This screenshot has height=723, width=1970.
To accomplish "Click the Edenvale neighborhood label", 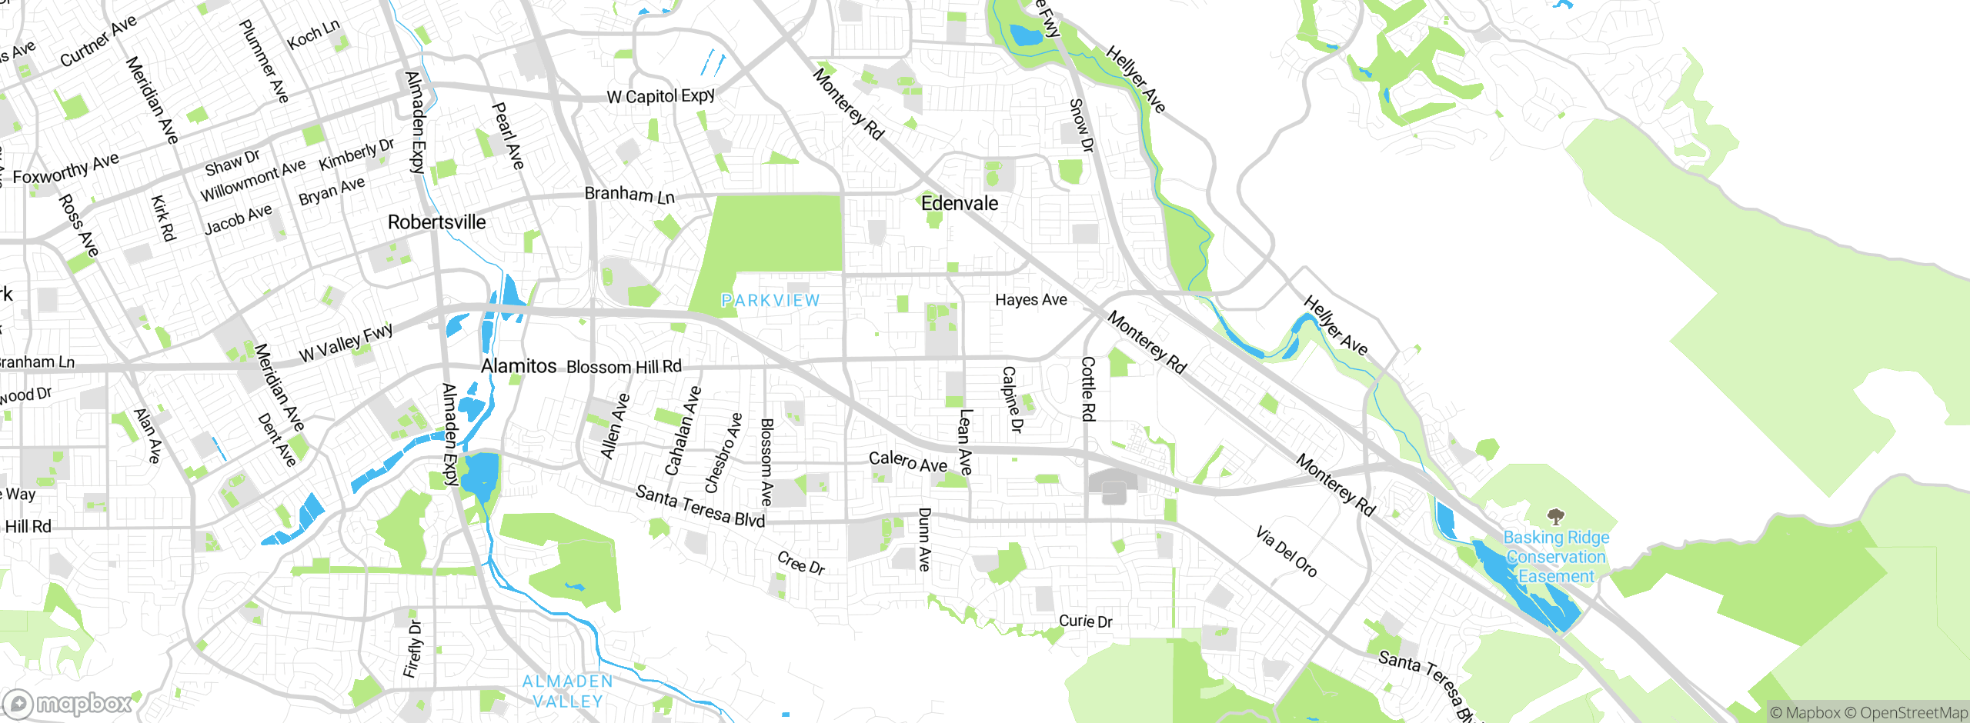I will (960, 204).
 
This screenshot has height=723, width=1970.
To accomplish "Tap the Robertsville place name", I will (436, 222).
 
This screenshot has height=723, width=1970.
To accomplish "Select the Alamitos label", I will (518, 366).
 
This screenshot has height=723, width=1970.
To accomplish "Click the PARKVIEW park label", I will (770, 301).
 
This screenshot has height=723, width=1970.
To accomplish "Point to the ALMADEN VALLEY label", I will (568, 691).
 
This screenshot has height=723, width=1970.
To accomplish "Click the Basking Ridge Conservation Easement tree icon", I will (1556, 516).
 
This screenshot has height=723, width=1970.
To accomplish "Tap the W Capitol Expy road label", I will (660, 96).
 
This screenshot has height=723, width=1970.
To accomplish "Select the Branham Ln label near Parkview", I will (629, 195).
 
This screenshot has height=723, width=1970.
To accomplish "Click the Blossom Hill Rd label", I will (624, 367).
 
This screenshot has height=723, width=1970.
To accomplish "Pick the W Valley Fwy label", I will (346, 343).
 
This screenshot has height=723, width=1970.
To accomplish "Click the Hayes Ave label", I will (1031, 300).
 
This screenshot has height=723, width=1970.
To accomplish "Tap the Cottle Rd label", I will (1088, 388).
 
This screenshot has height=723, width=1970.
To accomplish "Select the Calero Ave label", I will (908, 461).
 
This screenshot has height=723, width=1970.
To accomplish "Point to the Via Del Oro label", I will (1287, 551).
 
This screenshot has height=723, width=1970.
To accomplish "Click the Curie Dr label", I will (1085, 621).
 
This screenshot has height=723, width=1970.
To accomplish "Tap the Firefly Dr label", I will (413, 649).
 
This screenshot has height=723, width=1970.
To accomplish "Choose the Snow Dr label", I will (1081, 125).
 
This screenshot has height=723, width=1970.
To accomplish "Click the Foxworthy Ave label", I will (66, 169).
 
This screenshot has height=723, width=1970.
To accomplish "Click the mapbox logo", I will (68, 704).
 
